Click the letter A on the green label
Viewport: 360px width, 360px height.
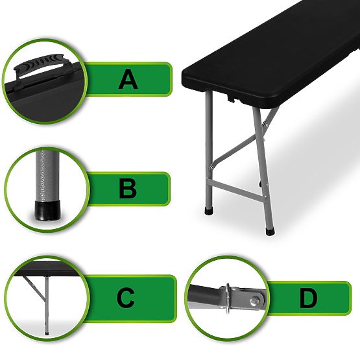pos(128,80)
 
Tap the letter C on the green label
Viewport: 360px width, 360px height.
pos(126,298)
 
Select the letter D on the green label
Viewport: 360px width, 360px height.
pos(308,299)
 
